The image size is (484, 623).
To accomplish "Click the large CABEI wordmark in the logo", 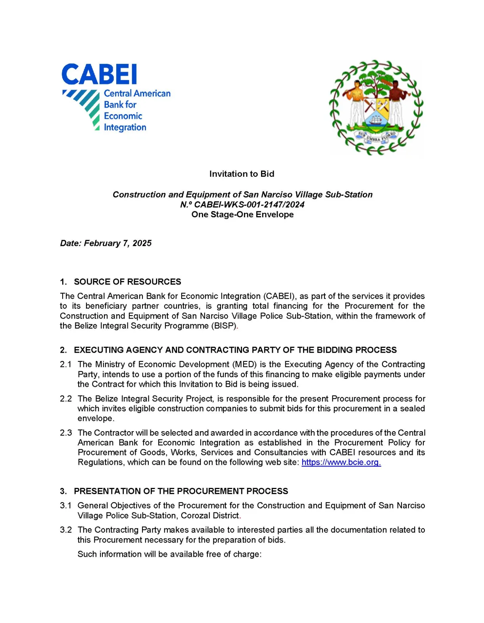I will tap(99, 75).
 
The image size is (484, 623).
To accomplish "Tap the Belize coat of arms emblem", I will tap(376, 107).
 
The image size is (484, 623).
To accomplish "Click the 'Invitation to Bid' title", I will tap(242, 174).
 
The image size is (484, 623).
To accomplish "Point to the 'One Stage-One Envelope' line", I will tap(242, 214).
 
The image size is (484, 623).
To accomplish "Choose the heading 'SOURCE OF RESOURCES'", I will tap(127, 282).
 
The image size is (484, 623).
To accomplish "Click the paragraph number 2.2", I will tap(66, 399).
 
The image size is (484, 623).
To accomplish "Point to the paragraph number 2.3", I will tap(66, 433).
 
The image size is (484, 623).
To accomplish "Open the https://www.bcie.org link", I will tap(341, 462).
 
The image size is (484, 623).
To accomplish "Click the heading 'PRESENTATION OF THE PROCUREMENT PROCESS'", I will tap(181, 491).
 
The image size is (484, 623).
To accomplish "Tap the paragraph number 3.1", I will tap(66, 506).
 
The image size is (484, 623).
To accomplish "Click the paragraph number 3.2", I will tap(66, 530).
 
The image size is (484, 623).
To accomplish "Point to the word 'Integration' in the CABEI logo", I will tap(125, 128).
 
